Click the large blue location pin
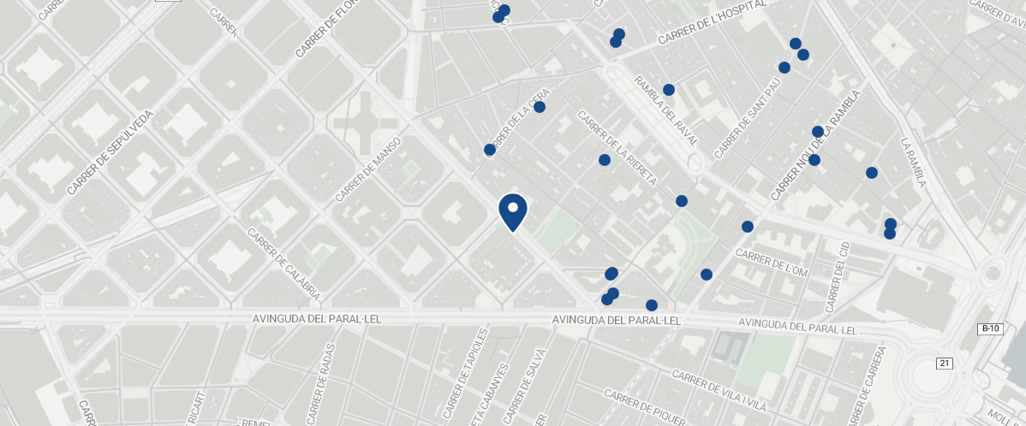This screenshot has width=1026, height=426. click(513, 211)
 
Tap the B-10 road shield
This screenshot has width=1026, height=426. click(990, 328)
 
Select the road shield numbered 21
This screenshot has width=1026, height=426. click(945, 364)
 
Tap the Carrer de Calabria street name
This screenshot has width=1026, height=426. click(283, 263)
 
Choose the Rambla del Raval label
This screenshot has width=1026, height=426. click(666, 109)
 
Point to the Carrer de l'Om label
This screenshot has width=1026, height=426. click(772, 263)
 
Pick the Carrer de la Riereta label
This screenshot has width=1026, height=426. click(616, 147)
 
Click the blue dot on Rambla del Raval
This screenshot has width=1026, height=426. click(669, 90)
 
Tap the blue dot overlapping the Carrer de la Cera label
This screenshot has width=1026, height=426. click(540, 107)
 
